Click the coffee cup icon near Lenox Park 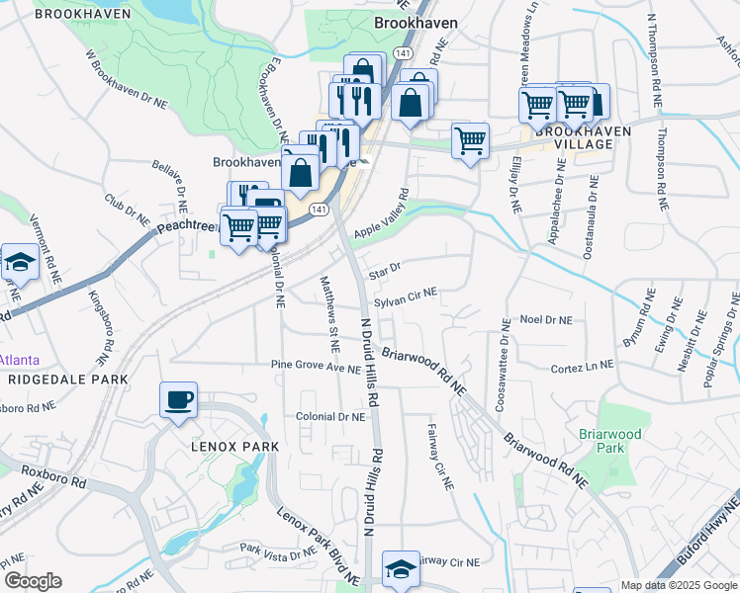178,400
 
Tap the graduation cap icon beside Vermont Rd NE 18,262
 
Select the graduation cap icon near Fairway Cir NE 401,569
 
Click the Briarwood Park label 624,441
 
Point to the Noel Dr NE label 546,320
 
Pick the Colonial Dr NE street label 331,417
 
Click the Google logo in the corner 33,581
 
